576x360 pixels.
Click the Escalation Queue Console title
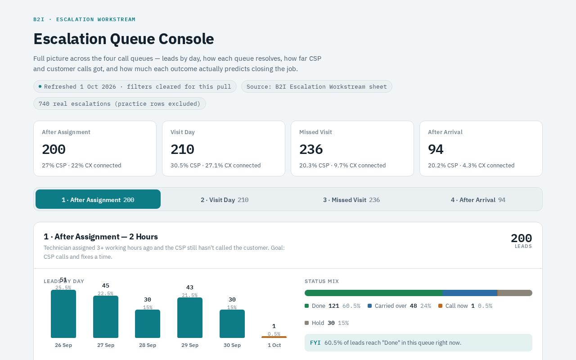click(124, 39)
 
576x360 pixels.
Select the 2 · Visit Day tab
click(225, 200)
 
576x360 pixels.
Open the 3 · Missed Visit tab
click(351, 200)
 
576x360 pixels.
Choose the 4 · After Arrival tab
click(478, 200)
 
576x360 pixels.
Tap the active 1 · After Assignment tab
click(98, 199)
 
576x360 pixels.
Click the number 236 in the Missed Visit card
click(311, 149)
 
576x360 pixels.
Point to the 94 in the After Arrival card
click(436, 149)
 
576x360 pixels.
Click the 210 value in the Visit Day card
click(182, 149)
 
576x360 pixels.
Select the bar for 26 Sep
click(63, 314)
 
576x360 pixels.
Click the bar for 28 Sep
click(148, 324)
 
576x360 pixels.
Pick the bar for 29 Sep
click(190, 318)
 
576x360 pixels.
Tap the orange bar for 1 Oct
click(274, 337)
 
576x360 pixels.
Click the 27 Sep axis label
click(105, 345)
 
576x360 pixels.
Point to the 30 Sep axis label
click(232, 345)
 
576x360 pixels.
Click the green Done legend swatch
click(306, 306)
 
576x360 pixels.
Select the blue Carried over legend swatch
click(369, 306)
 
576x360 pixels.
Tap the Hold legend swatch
click(306, 323)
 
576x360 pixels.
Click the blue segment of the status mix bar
click(470, 293)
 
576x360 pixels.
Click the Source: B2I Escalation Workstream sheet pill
click(316, 87)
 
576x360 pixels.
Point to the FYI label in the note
click(315, 343)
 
